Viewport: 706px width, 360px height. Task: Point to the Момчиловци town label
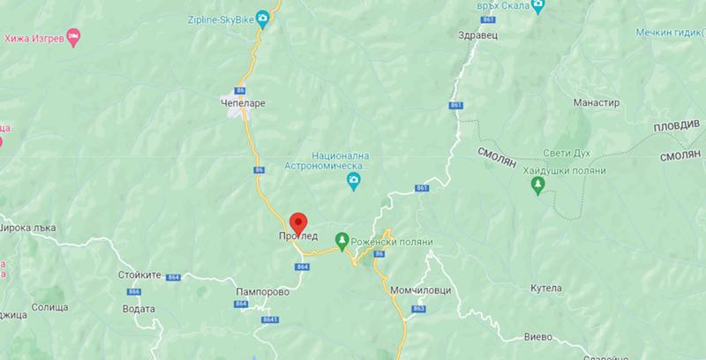pos(416,289)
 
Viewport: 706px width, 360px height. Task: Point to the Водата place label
pos(140,309)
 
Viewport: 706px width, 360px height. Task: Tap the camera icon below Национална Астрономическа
pos(353,182)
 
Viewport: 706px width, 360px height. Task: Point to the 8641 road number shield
pos(269,319)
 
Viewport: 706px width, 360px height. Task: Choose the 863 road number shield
pos(418,308)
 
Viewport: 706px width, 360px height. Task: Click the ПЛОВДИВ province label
pos(676,127)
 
